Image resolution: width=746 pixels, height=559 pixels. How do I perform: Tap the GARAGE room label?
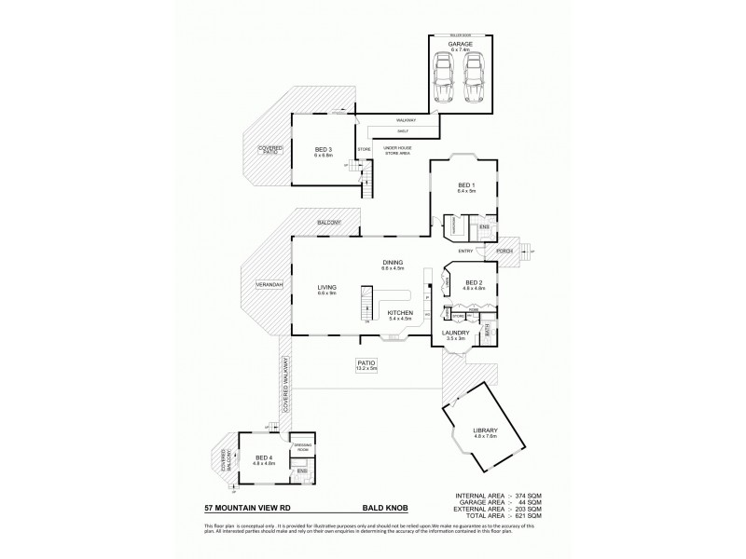(x=460, y=45)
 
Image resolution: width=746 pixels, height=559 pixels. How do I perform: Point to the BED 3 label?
(x=323, y=151)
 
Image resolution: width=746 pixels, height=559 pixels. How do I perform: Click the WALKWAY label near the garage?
(x=405, y=121)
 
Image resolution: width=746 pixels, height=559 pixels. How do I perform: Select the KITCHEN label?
(x=399, y=314)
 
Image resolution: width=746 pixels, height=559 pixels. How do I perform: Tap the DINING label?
(x=392, y=265)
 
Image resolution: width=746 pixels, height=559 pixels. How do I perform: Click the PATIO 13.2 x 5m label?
(x=366, y=364)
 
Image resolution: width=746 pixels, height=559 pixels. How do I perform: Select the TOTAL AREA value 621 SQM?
(x=528, y=515)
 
